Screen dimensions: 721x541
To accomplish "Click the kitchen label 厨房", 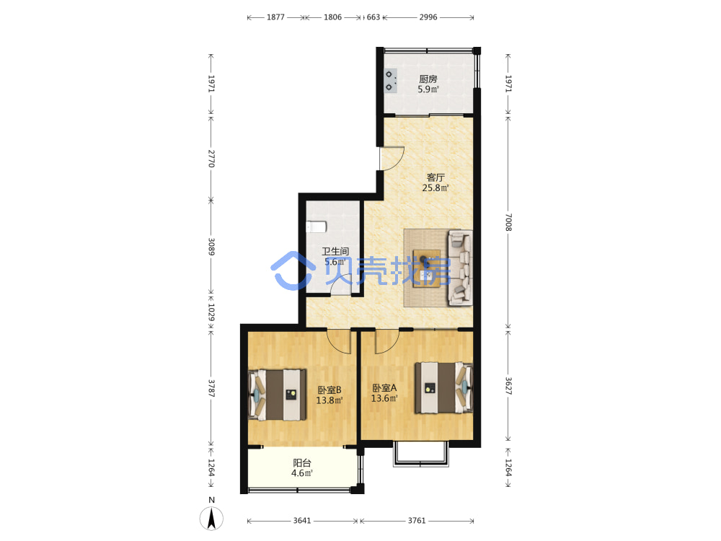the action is [x=428, y=79].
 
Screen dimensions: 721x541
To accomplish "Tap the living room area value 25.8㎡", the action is [x=435, y=188].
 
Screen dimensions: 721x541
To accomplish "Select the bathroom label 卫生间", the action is [x=335, y=251].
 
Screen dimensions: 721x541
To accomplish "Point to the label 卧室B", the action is [x=329, y=390].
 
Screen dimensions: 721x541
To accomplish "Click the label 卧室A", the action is [x=384, y=388].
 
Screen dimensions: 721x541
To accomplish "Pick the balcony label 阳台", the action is [x=302, y=463].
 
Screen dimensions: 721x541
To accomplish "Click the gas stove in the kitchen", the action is [x=390, y=81].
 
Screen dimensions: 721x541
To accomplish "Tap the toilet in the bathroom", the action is [x=317, y=226].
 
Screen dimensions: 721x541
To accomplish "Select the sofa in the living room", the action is [x=460, y=268].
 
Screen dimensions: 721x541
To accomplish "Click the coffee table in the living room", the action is [x=426, y=268].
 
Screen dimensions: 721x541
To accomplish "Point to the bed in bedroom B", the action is [x=278, y=395].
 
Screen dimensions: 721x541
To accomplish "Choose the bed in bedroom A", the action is [x=443, y=388].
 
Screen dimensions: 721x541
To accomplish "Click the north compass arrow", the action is [x=211, y=518].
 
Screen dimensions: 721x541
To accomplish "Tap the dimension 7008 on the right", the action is [x=508, y=222].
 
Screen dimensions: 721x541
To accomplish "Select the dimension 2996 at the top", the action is [x=428, y=17].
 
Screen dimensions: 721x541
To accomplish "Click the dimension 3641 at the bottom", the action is [x=302, y=520].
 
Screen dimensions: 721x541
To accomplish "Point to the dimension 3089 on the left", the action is [x=211, y=247].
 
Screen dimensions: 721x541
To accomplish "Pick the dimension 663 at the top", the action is [x=373, y=17].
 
